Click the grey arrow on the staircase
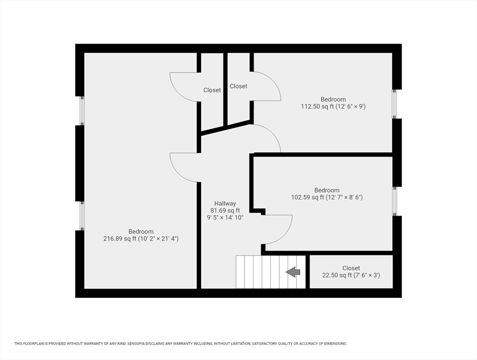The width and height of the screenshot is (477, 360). click(293, 272)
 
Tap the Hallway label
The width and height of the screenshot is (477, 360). click(225, 203)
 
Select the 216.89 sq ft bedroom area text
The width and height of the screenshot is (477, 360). click(141, 239)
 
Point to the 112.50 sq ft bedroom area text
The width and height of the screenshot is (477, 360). click(333, 106)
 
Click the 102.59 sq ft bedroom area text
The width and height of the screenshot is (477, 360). click(327, 197)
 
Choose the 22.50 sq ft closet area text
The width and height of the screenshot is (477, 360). click(351, 276)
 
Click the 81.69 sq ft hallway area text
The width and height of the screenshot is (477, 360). click(225, 210)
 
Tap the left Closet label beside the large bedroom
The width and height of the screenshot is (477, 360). click(212, 90)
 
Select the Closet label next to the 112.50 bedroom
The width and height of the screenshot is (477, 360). click(238, 86)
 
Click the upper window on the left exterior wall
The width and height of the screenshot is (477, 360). click(82, 111)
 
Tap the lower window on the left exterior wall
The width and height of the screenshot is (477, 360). click(82, 216)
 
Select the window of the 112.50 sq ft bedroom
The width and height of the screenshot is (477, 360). click(395, 104)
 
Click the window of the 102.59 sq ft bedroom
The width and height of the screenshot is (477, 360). click(395, 201)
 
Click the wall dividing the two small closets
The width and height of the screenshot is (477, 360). click(225, 89)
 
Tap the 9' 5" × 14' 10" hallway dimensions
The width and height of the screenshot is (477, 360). click(225, 217)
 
